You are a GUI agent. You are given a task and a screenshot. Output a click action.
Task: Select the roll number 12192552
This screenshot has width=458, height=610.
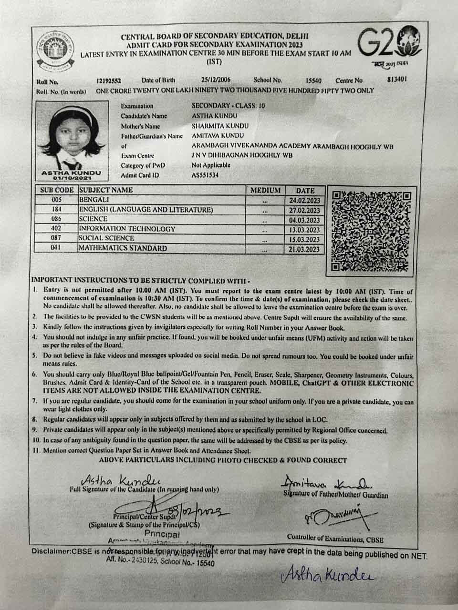click(x=109, y=81)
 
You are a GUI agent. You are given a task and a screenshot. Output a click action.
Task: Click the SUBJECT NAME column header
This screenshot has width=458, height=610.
click(x=106, y=190)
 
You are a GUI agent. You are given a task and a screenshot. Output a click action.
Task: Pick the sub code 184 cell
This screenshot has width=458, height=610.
click(x=57, y=210)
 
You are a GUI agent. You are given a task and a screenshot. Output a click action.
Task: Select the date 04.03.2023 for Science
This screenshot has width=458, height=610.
click(x=304, y=221)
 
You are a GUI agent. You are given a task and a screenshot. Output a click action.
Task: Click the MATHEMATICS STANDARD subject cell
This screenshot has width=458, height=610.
click(x=123, y=248)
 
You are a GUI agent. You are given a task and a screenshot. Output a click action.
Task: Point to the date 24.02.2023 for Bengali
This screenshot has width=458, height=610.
click(x=304, y=201)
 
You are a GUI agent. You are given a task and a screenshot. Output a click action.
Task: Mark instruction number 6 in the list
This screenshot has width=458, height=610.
click(x=35, y=375)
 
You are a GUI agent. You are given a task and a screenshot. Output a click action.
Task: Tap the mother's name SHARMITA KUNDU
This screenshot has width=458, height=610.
click(x=220, y=126)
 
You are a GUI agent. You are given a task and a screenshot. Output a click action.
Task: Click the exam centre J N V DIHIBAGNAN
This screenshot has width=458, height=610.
click(x=242, y=155)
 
